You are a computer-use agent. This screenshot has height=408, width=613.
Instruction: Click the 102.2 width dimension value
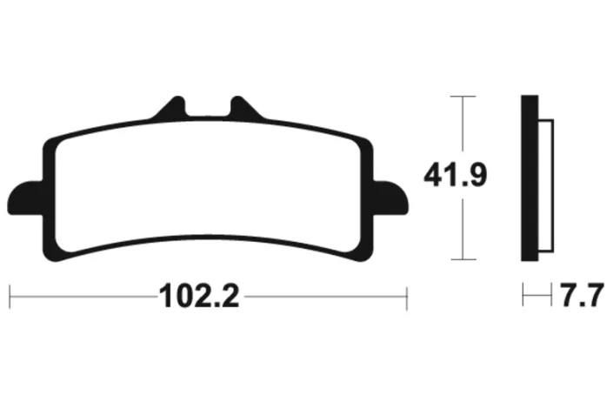[199, 296]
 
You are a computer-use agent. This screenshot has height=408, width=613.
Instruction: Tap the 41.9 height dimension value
[456, 175]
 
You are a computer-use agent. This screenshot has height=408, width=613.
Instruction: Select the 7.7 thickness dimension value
[582, 295]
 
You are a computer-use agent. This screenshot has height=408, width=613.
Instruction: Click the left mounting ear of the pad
[25, 198]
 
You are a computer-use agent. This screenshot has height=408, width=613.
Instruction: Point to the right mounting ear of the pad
[390, 198]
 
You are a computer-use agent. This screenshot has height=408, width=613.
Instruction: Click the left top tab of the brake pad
[170, 107]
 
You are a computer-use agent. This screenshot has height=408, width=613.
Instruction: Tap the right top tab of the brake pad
[245, 107]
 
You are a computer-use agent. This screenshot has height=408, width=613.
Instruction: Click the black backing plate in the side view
[530, 178]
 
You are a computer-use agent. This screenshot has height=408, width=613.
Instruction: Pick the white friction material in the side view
[546, 185]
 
